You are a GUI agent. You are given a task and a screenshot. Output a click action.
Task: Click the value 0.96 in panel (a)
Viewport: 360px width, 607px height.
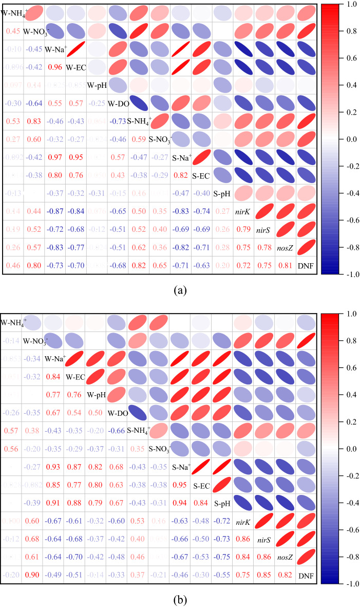(54, 67)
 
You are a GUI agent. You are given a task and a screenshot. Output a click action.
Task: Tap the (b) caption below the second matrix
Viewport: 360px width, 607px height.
(180, 599)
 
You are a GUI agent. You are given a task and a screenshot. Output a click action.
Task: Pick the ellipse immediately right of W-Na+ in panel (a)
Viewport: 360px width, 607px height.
(75, 49)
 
